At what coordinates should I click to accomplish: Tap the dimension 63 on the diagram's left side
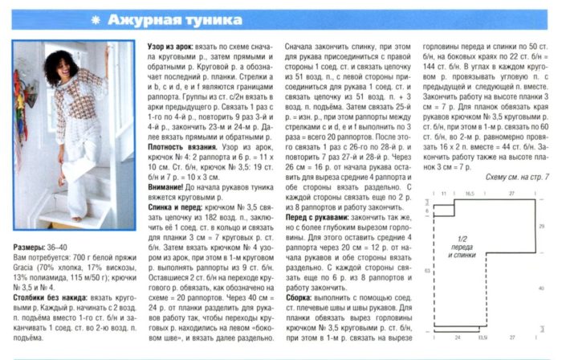pos(422,265)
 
